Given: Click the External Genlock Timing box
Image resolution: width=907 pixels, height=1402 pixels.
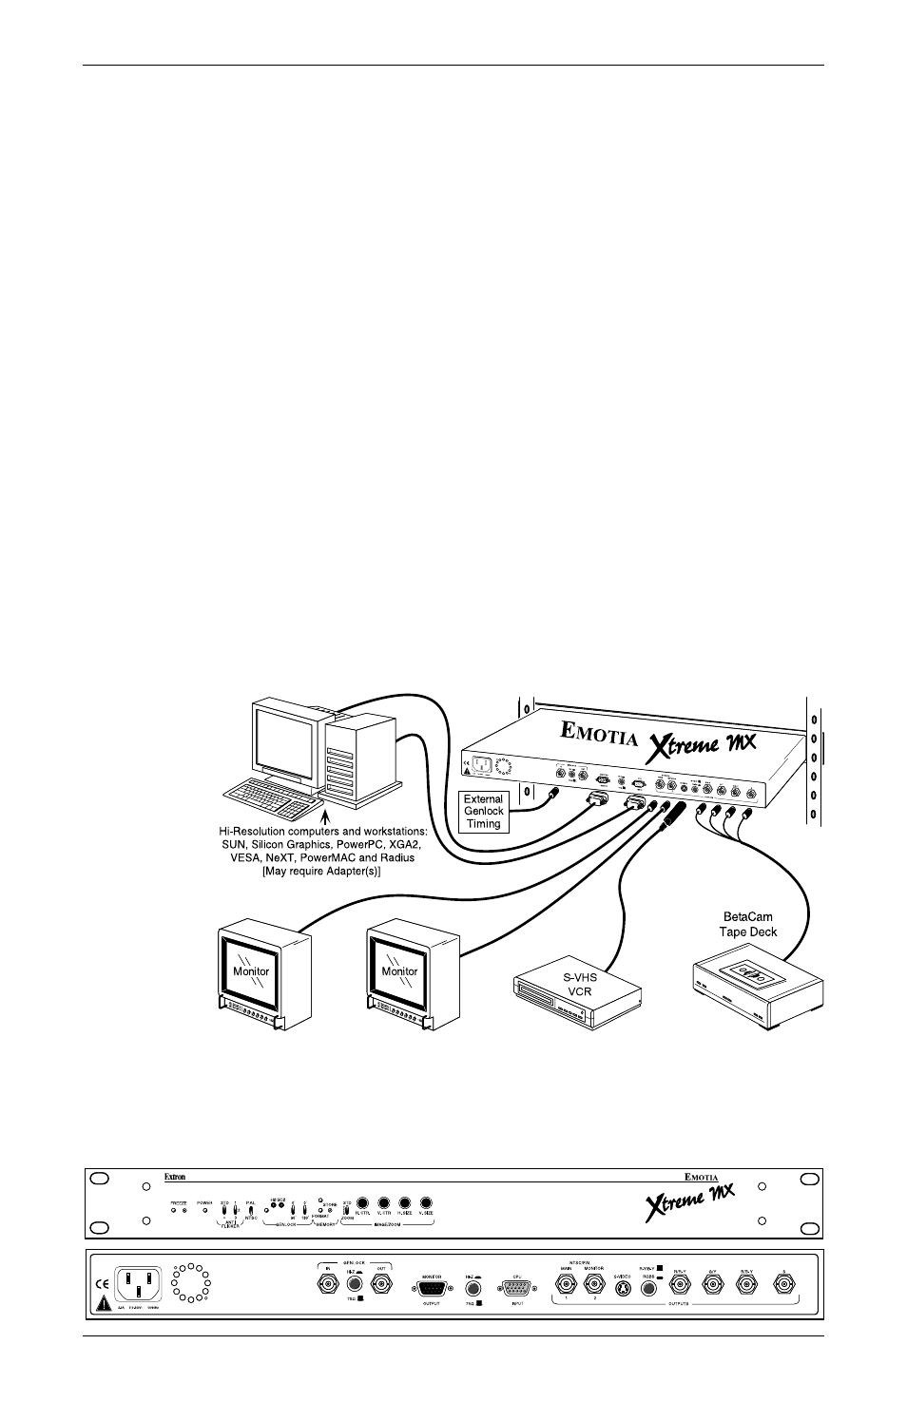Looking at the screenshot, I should (483, 812).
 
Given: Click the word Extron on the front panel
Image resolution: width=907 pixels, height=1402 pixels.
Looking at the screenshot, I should (174, 1177).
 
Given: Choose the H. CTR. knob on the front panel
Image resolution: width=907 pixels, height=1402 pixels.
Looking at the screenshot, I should (362, 1202).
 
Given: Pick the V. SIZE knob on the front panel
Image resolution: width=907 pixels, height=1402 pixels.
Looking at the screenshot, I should (426, 1202).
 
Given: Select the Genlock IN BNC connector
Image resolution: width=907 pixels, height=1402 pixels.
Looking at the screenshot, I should (326, 1285).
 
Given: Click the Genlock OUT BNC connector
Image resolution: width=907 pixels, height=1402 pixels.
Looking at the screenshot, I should (381, 1285).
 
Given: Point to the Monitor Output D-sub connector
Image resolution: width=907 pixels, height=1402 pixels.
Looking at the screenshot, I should (433, 1288).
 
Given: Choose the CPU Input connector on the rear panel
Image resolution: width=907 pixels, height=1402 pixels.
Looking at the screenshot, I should (518, 1288).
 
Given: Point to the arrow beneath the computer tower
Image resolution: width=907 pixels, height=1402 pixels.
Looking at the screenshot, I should (326, 816).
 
